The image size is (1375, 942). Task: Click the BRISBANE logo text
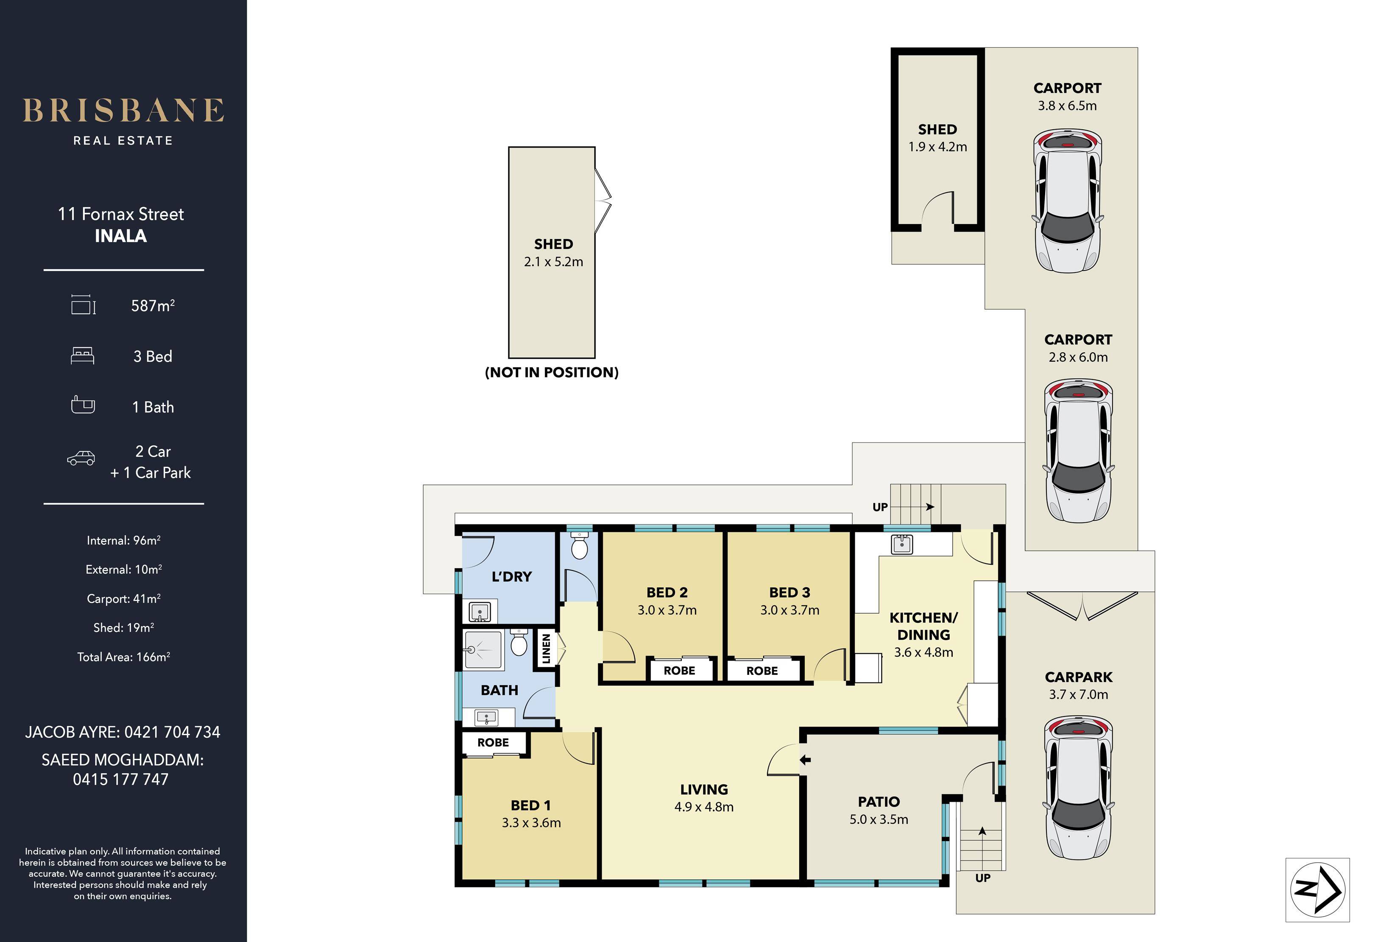[x=123, y=111]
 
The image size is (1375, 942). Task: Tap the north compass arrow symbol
[x=1318, y=889]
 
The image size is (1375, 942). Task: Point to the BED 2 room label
[x=667, y=592]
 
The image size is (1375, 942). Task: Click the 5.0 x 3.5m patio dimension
[x=879, y=819]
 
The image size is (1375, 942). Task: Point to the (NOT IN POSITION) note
[x=552, y=372]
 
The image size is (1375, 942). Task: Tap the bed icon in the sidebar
[x=82, y=356]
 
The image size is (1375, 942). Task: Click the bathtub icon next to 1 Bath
[x=83, y=405]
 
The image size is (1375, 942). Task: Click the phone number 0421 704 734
[x=172, y=732]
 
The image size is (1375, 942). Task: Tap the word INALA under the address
[x=121, y=236]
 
